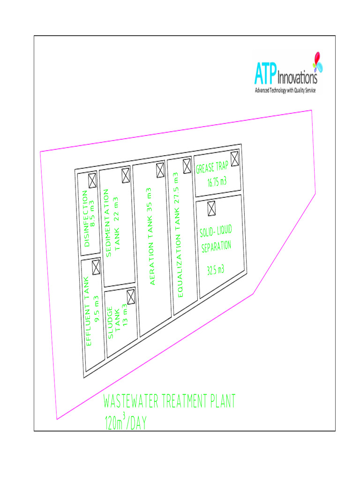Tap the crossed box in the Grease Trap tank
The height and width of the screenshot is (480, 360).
(234, 159)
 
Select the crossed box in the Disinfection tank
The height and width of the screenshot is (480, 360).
(92, 180)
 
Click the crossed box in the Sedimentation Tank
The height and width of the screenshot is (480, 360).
(126, 175)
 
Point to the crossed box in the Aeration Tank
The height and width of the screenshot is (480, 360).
(160, 169)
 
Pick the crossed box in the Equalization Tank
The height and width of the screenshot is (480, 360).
(187, 165)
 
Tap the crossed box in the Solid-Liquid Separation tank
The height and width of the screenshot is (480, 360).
(211, 207)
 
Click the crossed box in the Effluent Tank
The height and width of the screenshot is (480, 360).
(96, 267)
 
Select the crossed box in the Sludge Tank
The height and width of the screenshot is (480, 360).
(131, 296)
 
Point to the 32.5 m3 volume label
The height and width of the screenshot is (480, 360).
(215, 270)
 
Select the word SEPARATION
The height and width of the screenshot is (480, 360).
(217, 247)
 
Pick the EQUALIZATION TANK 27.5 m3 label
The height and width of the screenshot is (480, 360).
(177, 234)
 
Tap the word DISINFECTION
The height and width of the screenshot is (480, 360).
(86, 218)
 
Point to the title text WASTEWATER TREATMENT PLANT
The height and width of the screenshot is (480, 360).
(168, 402)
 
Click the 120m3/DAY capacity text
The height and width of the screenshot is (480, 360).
(125, 422)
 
